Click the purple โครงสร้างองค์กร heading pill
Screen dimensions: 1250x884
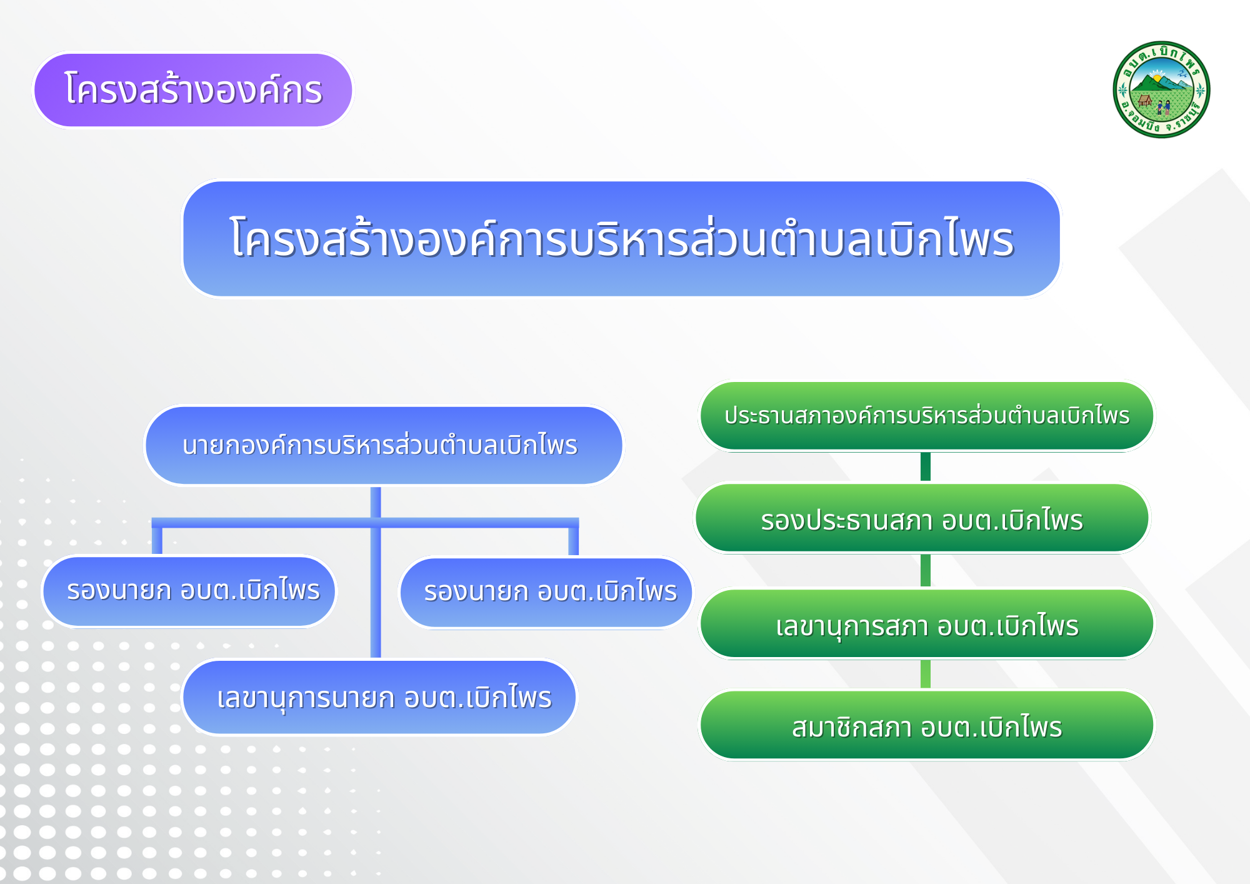click(x=193, y=90)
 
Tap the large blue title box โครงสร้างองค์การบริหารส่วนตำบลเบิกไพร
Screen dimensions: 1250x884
click(x=622, y=239)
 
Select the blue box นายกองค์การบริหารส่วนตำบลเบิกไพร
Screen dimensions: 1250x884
click(x=384, y=445)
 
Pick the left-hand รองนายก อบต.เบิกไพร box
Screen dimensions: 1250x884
click(x=189, y=591)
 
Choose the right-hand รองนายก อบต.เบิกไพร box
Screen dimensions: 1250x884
click(x=546, y=592)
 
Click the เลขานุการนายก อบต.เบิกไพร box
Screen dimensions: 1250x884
click(x=379, y=697)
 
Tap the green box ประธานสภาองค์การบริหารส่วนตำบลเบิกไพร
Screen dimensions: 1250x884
click(x=927, y=416)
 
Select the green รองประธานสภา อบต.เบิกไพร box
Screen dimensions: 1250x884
click(x=922, y=518)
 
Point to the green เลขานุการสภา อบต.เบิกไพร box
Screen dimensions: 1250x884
click(x=927, y=624)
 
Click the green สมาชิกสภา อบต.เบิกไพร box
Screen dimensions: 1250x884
click(x=927, y=725)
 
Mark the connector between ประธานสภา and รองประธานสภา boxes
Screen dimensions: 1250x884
click(x=926, y=467)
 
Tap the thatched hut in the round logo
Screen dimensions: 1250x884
click(x=1145, y=100)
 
